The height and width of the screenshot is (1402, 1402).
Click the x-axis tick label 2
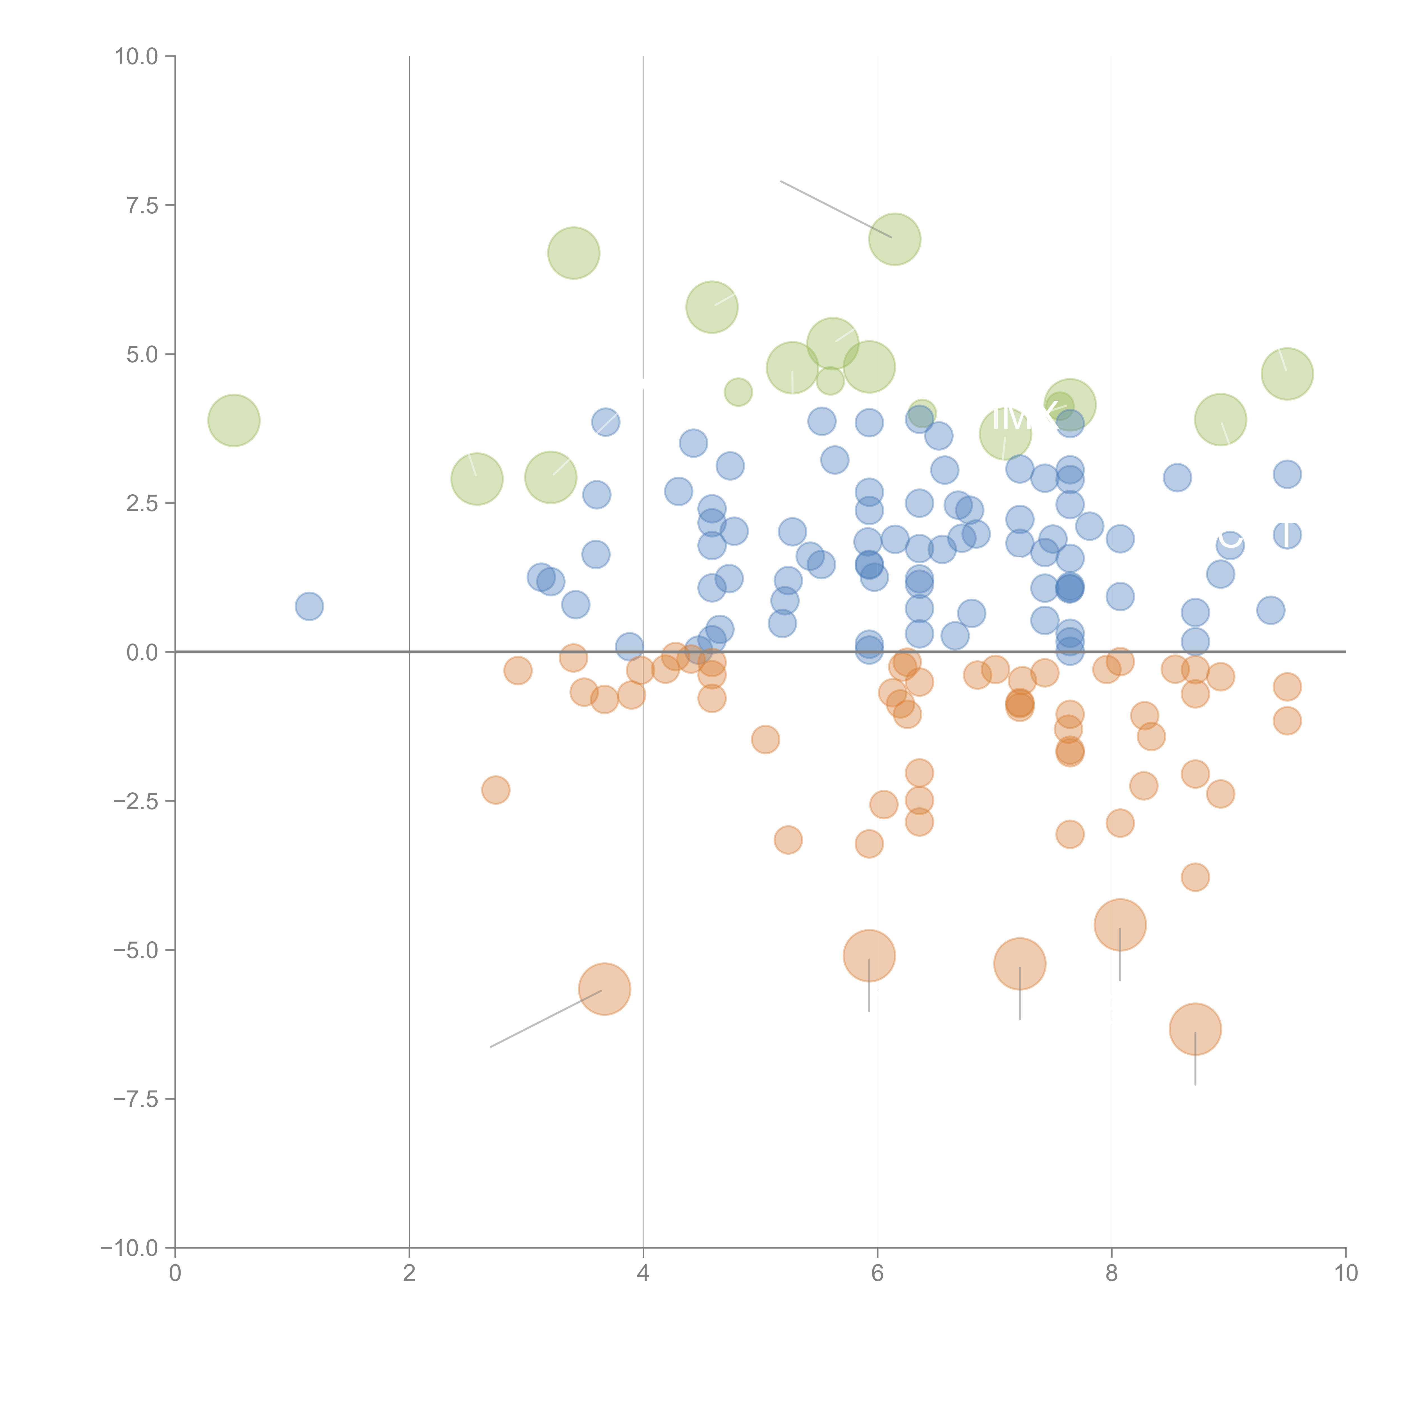click(409, 1274)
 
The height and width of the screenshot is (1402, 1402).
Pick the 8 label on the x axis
click(1112, 1274)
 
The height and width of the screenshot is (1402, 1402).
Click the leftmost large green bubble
click(234, 420)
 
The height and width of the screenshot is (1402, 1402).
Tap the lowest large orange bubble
click(1195, 1029)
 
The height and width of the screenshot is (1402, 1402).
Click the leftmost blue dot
click(309, 606)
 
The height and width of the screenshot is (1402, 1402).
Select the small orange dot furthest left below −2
click(496, 790)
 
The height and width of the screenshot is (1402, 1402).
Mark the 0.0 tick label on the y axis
click(142, 652)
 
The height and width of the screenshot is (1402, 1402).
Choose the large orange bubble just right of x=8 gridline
click(1120, 924)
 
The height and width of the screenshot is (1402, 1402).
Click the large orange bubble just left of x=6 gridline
click(869, 956)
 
